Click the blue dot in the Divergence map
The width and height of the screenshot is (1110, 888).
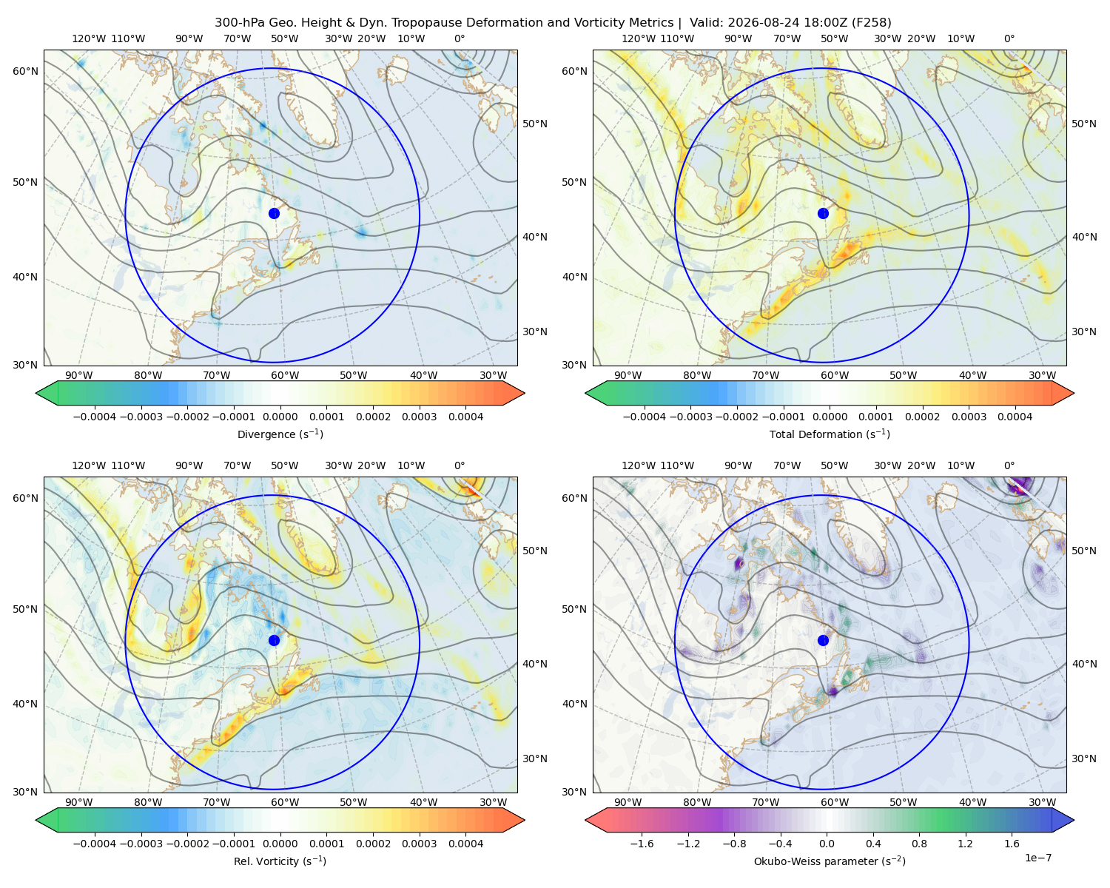click(274, 213)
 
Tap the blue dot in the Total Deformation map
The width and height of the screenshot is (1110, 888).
click(823, 213)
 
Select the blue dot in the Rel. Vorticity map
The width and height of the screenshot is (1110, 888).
click(274, 640)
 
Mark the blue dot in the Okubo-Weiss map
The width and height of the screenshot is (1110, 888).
click(823, 640)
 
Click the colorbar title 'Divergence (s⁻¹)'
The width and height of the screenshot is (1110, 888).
click(280, 434)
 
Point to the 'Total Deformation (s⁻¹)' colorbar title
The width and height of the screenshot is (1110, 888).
click(830, 434)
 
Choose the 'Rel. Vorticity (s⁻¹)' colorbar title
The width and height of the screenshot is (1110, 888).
click(280, 861)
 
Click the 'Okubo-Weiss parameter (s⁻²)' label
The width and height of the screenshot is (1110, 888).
click(830, 861)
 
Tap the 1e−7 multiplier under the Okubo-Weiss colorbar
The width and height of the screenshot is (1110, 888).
click(1037, 858)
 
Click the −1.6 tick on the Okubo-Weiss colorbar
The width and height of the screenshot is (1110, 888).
click(642, 844)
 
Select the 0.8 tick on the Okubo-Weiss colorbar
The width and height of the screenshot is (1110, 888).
click(919, 844)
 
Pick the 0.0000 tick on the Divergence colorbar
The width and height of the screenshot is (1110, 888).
click(280, 417)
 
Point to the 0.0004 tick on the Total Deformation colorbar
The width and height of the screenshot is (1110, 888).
click(1015, 417)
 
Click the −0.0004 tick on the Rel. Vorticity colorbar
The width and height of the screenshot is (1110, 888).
click(95, 844)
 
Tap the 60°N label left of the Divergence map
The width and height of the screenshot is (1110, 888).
click(25, 71)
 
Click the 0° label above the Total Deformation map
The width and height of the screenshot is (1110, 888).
click(1009, 38)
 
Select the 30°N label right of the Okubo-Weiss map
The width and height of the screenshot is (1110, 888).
click(1083, 758)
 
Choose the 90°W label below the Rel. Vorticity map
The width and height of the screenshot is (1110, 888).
click(79, 802)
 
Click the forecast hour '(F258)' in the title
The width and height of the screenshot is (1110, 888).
click(871, 23)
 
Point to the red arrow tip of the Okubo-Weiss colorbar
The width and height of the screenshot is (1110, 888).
click(587, 820)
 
